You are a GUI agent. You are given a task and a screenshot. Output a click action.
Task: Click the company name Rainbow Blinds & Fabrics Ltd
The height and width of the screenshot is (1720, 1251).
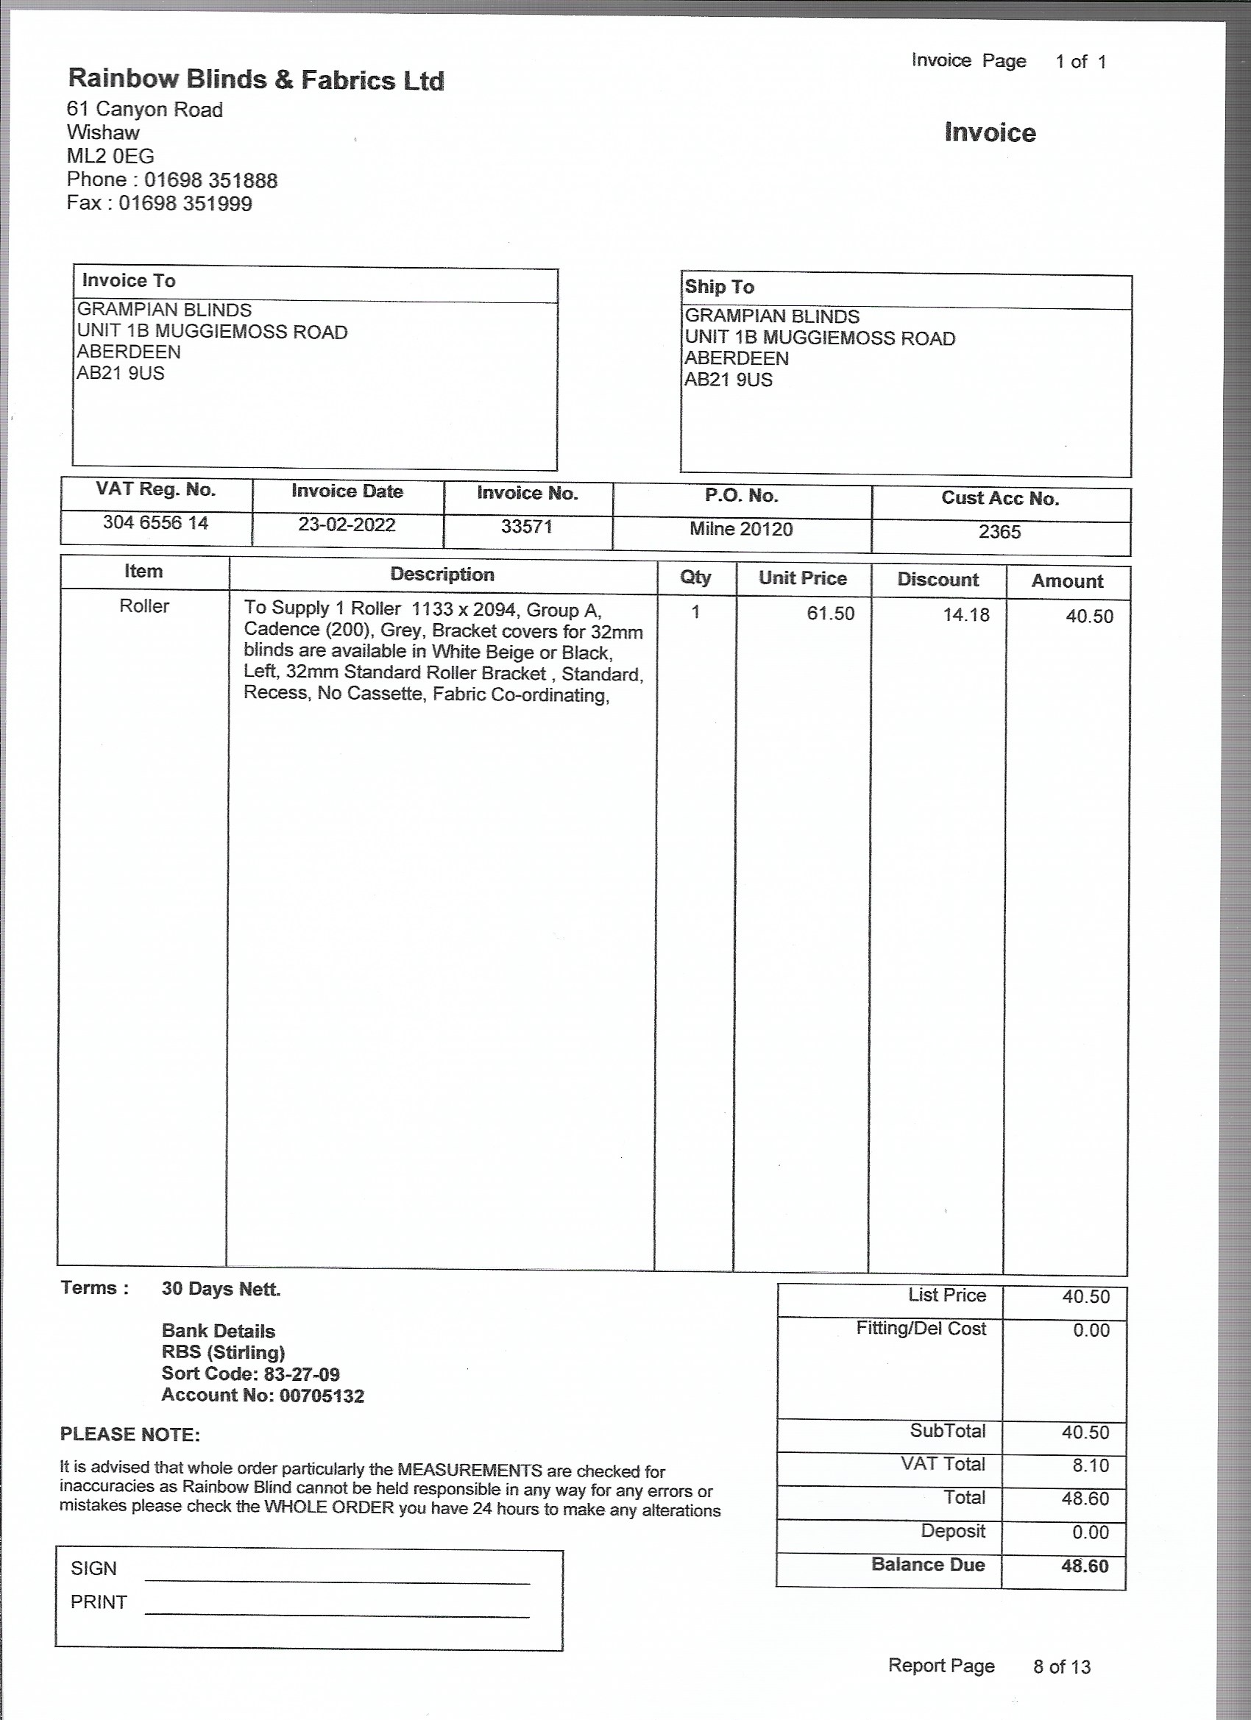point(255,79)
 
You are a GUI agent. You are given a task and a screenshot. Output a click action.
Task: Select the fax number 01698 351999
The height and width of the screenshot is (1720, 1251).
point(185,204)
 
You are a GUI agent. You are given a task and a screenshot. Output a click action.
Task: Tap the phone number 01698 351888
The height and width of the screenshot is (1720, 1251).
point(211,180)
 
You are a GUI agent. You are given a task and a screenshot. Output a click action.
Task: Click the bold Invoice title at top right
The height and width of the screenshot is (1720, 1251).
point(989,132)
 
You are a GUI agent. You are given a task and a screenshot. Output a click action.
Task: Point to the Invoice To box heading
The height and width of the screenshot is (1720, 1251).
point(128,280)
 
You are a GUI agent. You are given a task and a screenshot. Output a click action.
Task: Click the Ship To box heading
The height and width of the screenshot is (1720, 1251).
point(719,287)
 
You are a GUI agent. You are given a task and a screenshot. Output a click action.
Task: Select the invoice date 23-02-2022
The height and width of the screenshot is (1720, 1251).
point(347,525)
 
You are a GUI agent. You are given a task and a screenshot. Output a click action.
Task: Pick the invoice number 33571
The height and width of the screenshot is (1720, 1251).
point(526,526)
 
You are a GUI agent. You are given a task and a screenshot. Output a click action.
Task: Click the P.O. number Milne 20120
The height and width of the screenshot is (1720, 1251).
point(740,529)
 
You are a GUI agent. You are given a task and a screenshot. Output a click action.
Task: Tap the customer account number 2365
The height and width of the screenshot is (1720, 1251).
point(999,532)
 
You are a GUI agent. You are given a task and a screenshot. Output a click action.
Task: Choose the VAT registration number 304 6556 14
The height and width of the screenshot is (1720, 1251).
point(155,522)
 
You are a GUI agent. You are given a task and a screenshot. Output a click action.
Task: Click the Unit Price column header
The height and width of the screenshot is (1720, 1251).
point(802,578)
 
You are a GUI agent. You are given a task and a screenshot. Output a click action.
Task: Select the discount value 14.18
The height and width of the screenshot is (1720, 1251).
point(965,615)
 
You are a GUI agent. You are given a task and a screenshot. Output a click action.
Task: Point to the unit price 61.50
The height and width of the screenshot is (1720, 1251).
point(830,614)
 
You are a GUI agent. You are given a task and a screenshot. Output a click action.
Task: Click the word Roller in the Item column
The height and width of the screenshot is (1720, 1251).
point(144,606)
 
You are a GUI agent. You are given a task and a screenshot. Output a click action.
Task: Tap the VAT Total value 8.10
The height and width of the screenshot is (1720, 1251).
point(1090,1465)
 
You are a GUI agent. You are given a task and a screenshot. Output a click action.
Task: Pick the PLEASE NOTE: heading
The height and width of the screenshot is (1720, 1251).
point(130,1434)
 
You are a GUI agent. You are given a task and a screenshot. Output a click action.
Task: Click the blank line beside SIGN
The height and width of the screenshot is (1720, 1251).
point(337,1577)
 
